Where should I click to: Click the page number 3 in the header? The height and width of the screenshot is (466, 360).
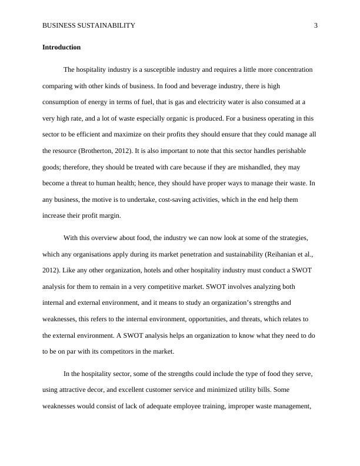pyautogui.click(x=316, y=25)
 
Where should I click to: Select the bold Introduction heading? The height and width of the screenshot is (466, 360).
pyautogui.click(x=61, y=47)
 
